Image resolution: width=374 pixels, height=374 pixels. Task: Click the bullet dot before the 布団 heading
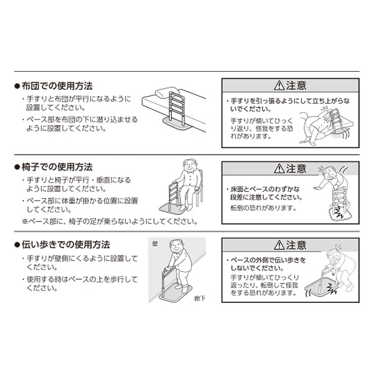pos(17,86)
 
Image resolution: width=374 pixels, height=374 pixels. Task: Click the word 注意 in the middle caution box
pos(297,169)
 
